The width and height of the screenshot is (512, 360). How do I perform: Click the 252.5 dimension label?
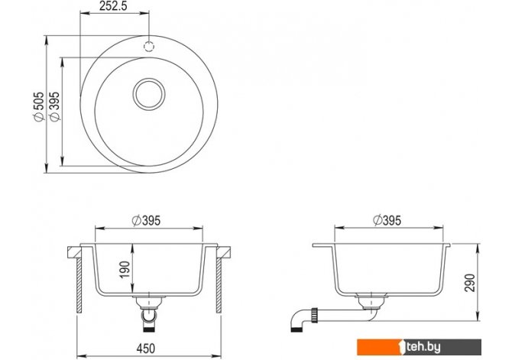(x=113, y=6)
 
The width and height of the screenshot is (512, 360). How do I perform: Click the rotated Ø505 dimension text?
(x=39, y=106)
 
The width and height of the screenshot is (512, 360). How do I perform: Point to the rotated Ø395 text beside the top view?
(x=55, y=106)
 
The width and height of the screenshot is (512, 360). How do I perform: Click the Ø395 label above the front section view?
(x=146, y=221)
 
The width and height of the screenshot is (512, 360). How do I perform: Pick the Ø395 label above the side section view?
(x=387, y=220)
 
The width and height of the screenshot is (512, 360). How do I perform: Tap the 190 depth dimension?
(x=125, y=270)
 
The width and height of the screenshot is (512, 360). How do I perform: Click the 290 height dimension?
(x=469, y=283)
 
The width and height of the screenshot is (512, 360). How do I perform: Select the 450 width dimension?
(x=146, y=349)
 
